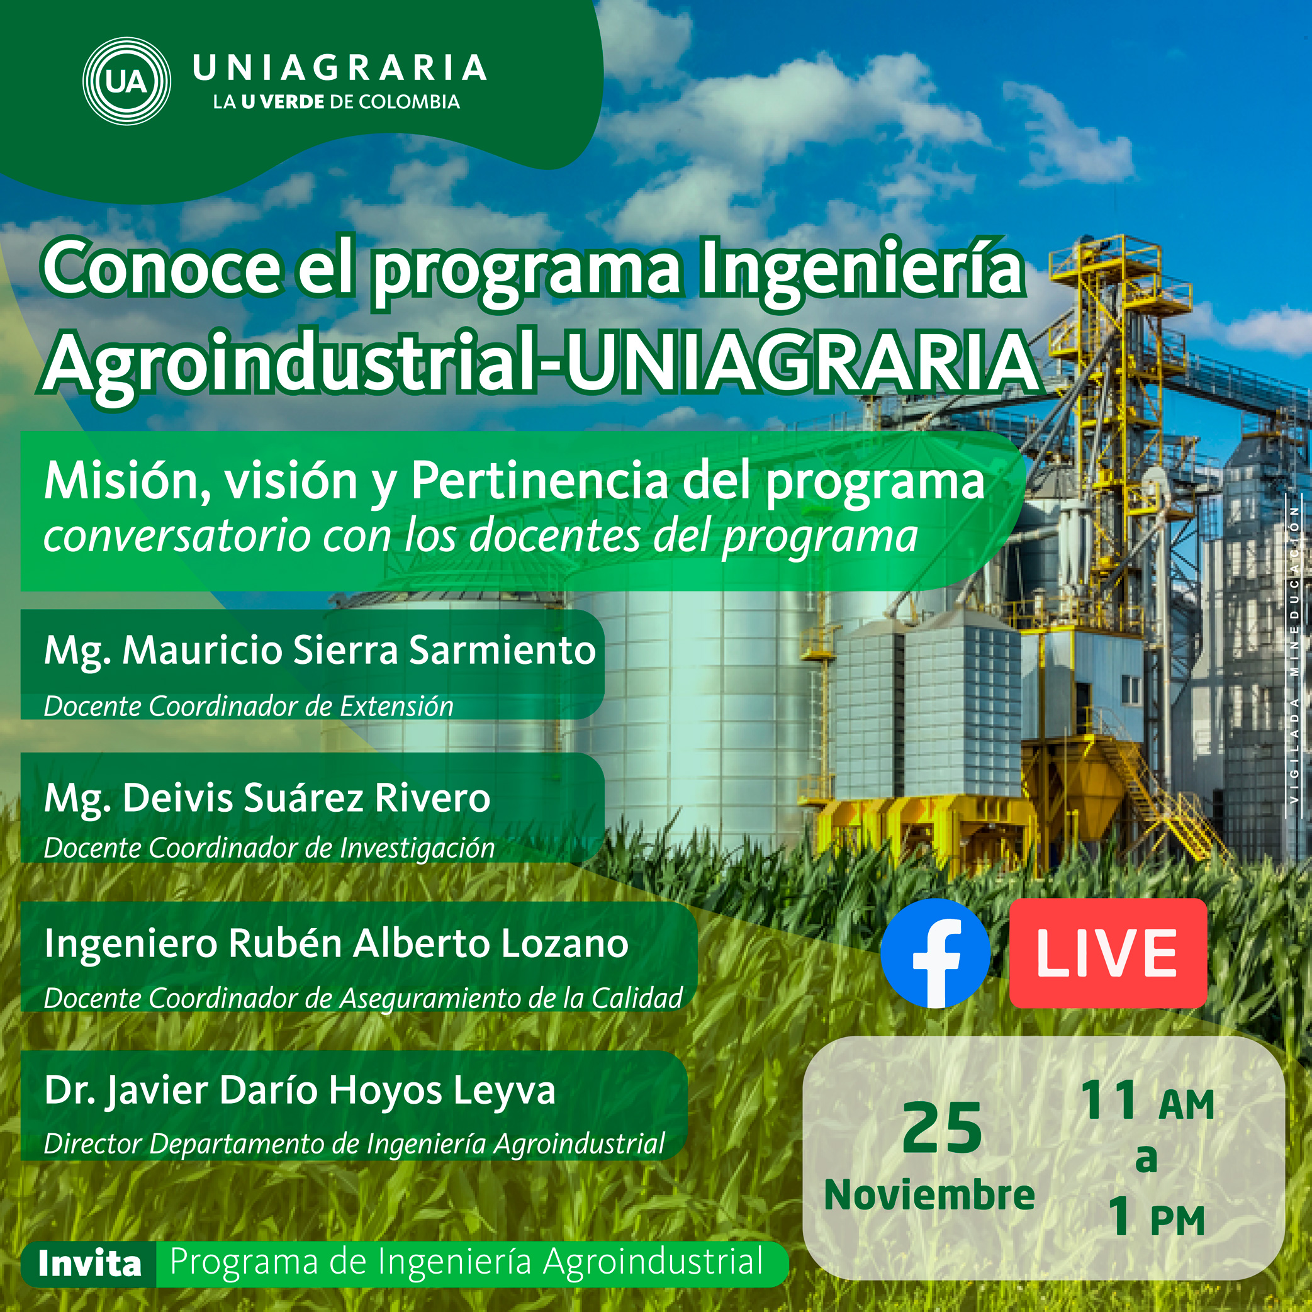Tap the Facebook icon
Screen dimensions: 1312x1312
[x=934, y=953]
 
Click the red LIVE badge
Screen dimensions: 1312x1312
[x=1107, y=953]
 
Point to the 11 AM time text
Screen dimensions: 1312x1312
[x=1147, y=1101]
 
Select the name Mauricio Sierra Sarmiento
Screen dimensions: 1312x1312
[x=319, y=651]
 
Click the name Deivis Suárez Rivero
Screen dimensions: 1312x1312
[x=266, y=798]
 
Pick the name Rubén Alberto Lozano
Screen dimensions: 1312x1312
[x=336, y=943]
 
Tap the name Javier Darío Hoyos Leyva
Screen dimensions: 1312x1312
[x=300, y=1091]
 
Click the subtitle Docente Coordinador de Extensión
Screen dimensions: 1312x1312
[x=249, y=707]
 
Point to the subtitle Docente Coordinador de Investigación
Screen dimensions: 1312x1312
[x=269, y=848]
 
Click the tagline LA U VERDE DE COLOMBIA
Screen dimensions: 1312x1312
[x=336, y=103]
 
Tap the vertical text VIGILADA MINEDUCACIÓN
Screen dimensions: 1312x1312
[x=1294, y=655]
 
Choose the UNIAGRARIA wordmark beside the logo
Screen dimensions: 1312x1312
[x=340, y=69]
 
